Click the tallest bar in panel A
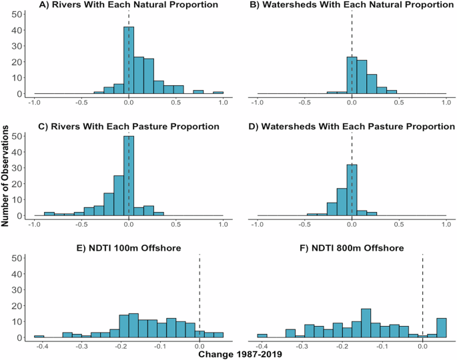pos(129,61)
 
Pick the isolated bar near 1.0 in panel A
pos(218,93)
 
